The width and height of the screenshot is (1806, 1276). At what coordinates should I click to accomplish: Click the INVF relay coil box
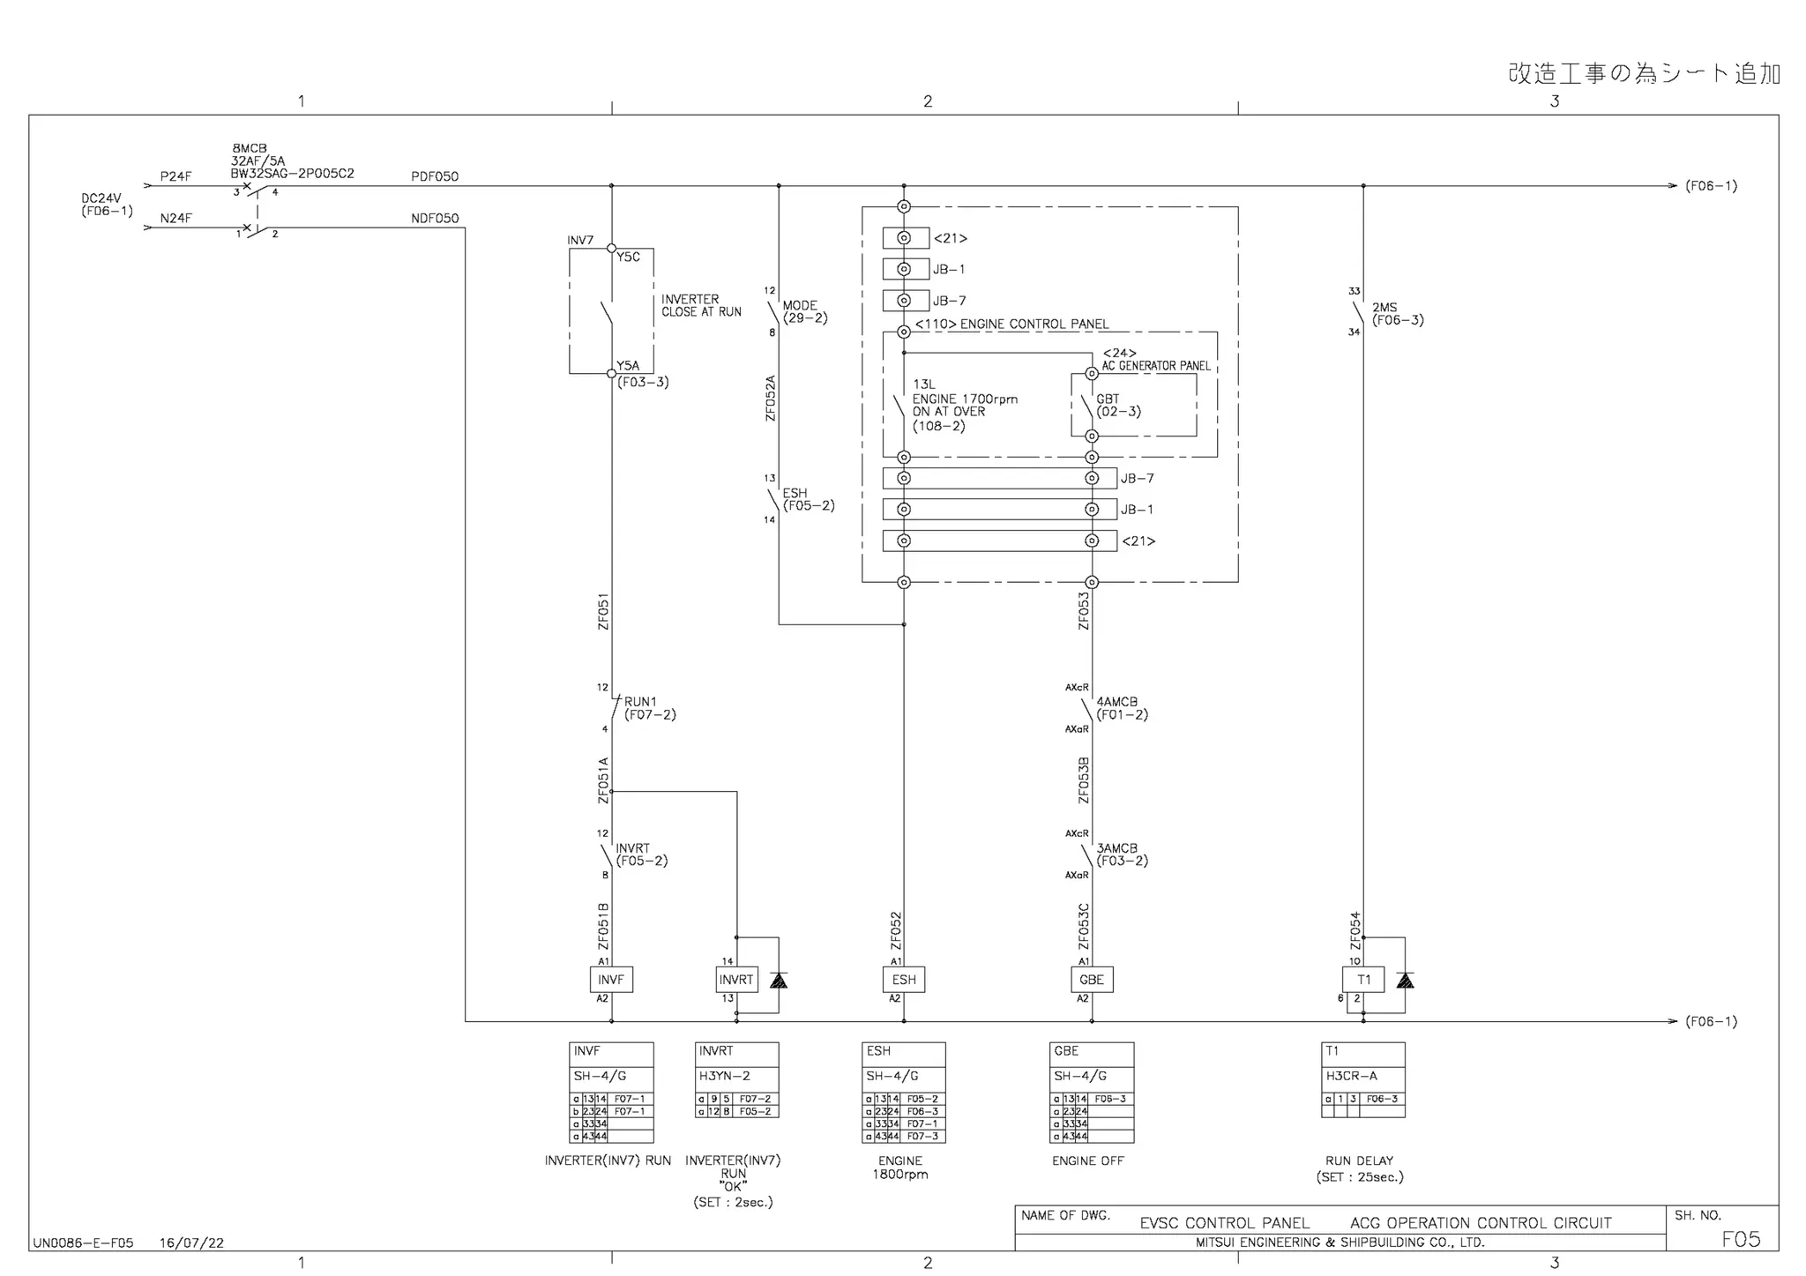tap(610, 980)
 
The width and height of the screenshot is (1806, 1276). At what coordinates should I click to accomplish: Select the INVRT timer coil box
tap(736, 980)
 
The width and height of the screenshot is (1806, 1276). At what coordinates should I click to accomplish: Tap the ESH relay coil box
tap(903, 980)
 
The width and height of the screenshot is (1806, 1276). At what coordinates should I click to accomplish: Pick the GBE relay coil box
tap(1091, 980)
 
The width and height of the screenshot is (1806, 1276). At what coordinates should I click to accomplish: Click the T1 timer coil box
tap(1363, 980)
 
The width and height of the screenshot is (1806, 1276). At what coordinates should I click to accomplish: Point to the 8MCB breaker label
tap(250, 148)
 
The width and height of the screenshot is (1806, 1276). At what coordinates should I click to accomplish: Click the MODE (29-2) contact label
tap(804, 311)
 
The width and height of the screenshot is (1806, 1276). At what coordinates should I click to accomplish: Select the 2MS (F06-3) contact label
tap(1397, 314)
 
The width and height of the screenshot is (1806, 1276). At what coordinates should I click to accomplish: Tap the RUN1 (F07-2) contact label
tap(649, 708)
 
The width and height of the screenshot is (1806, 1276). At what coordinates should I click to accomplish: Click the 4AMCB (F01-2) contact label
tap(1121, 708)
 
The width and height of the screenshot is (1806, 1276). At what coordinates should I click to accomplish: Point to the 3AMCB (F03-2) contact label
tap(1121, 854)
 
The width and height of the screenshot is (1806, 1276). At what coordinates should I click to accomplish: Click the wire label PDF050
tap(435, 176)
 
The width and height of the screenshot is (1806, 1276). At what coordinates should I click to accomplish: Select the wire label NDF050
tap(435, 219)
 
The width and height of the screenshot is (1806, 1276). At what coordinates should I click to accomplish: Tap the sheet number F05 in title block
tap(1740, 1239)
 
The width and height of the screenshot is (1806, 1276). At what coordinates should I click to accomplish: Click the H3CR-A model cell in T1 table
tap(1362, 1076)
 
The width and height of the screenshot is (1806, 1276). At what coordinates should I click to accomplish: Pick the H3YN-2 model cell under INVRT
tap(736, 1076)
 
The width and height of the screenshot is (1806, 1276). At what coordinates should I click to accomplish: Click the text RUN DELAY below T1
tap(1359, 1160)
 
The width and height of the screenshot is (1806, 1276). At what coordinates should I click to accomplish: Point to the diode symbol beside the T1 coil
tap(1405, 980)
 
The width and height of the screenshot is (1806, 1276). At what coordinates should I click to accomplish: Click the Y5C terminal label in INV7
tap(628, 257)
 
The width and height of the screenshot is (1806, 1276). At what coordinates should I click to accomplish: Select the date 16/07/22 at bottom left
tap(191, 1243)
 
